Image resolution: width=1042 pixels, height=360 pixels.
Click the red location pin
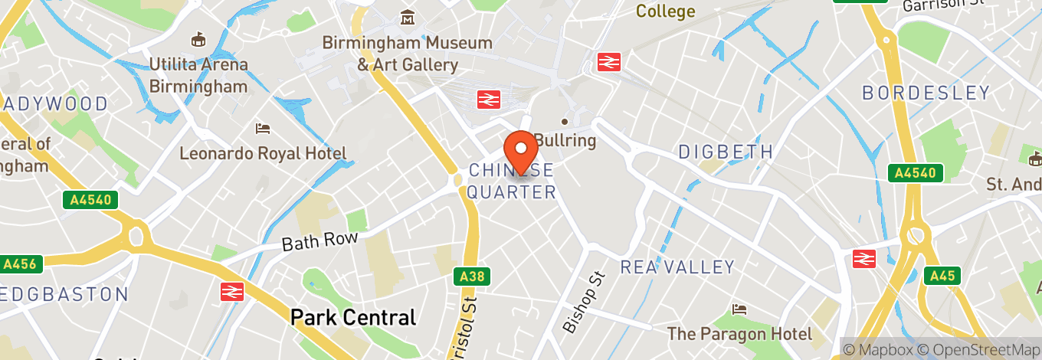(x=521, y=149)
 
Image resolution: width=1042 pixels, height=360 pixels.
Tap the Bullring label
(x=565, y=140)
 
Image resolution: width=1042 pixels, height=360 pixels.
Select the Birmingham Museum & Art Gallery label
(x=407, y=54)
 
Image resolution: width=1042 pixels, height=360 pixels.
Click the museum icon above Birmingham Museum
(x=408, y=18)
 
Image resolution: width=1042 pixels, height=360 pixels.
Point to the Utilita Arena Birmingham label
(x=198, y=75)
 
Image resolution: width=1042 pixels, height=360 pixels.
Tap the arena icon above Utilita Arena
(x=198, y=38)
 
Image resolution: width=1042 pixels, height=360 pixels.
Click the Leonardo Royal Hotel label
(x=263, y=153)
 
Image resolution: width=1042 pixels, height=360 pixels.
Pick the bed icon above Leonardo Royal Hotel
(x=263, y=128)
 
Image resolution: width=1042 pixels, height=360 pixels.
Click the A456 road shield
(x=18, y=264)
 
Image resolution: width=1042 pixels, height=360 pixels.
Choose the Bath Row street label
(x=319, y=241)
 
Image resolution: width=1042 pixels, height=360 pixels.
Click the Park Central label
(x=353, y=317)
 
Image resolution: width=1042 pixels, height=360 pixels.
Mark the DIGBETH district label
(x=726, y=152)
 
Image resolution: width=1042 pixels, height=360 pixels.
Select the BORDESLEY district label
(x=926, y=93)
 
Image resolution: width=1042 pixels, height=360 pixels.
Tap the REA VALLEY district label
(x=677, y=267)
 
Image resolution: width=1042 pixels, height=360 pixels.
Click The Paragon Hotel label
(x=739, y=333)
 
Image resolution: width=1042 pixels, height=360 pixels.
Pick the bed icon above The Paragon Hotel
(x=739, y=309)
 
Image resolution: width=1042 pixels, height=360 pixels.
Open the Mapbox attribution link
(x=877, y=350)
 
